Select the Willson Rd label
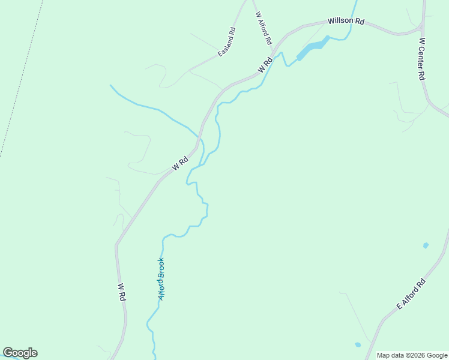coord(346,21)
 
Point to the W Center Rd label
coord(422,59)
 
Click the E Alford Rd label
coord(411,294)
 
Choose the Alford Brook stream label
coord(161,278)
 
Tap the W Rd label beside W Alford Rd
coord(265,64)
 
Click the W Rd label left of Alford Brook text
coord(121,292)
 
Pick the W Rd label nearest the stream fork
coord(180,163)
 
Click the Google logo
coord(20,353)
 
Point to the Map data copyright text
coord(412,355)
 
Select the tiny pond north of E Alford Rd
coord(426,245)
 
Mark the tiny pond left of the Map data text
coord(358,344)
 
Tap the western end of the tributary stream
coord(110,85)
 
